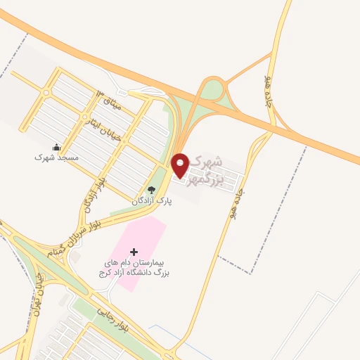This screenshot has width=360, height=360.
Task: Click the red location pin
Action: (181, 165)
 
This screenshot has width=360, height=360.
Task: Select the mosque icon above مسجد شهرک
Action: (56, 147)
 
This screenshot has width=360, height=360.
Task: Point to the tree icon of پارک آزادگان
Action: (150, 190)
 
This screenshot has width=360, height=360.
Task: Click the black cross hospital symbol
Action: (135, 251)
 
